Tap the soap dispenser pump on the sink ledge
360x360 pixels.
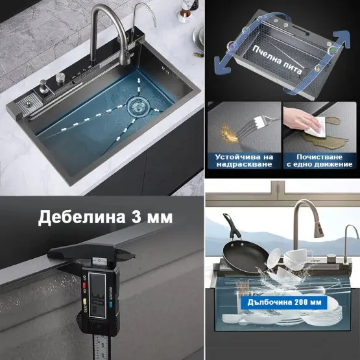43,86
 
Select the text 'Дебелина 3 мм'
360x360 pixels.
105,217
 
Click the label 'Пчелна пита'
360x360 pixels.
278,60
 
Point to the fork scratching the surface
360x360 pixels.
256,126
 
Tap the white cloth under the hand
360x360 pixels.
316,128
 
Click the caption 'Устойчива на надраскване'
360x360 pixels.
245,161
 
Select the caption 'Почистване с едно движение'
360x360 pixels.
319,161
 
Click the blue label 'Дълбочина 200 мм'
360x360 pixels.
284,302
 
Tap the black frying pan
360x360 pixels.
243,250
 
